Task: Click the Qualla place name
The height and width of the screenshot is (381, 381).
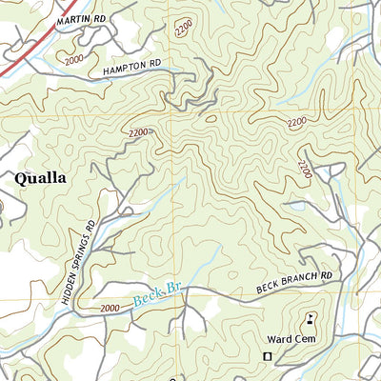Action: click(x=40, y=178)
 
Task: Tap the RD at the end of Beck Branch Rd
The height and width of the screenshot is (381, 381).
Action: click(x=328, y=275)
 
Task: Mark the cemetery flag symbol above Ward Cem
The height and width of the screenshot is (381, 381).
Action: click(x=310, y=319)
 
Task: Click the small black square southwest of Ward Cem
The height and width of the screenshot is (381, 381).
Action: click(x=267, y=356)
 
